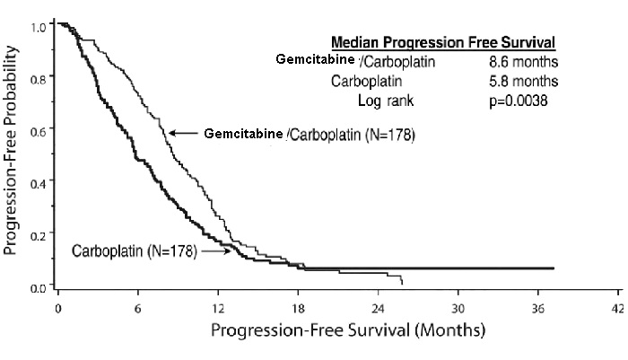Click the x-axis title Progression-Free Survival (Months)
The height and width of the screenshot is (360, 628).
pos(347,329)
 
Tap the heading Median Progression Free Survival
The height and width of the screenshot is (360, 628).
pos(443,42)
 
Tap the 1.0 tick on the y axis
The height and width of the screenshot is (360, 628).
pos(37,27)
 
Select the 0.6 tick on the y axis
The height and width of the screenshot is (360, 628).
pos(37,132)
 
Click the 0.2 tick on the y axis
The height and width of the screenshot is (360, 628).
pos(37,235)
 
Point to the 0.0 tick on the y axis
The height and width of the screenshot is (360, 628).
pos(37,287)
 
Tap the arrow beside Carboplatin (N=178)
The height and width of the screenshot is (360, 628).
pos(214,252)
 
